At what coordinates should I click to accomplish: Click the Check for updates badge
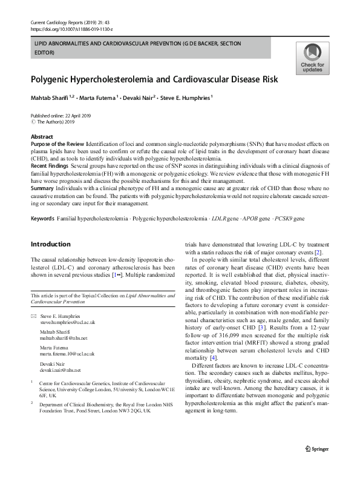pos(312,59)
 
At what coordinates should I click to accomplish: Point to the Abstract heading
pos(42,137)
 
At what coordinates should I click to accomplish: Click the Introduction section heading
pos(50,244)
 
